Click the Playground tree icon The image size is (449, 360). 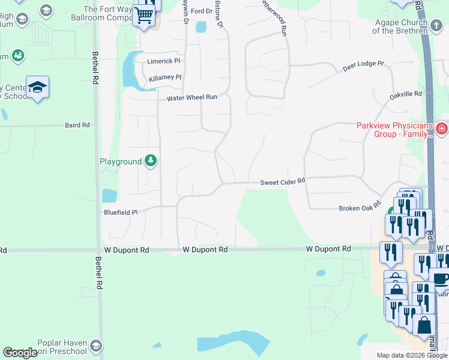click(x=151, y=161)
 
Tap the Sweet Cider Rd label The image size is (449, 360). click(x=283, y=181)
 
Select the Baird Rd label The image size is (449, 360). click(x=77, y=125)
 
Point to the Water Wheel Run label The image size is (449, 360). click(x=191, y=97)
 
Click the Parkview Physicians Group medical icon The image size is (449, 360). click(x=441, y=128)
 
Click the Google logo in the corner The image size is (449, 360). click(x=20, y=353)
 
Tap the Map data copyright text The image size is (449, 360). click(x=411, y=355)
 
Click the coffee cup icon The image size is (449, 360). click(x=441, y=280)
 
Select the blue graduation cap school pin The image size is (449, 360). click(x=37, y=88)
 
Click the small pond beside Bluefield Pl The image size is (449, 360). click(x=109, y=195)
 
